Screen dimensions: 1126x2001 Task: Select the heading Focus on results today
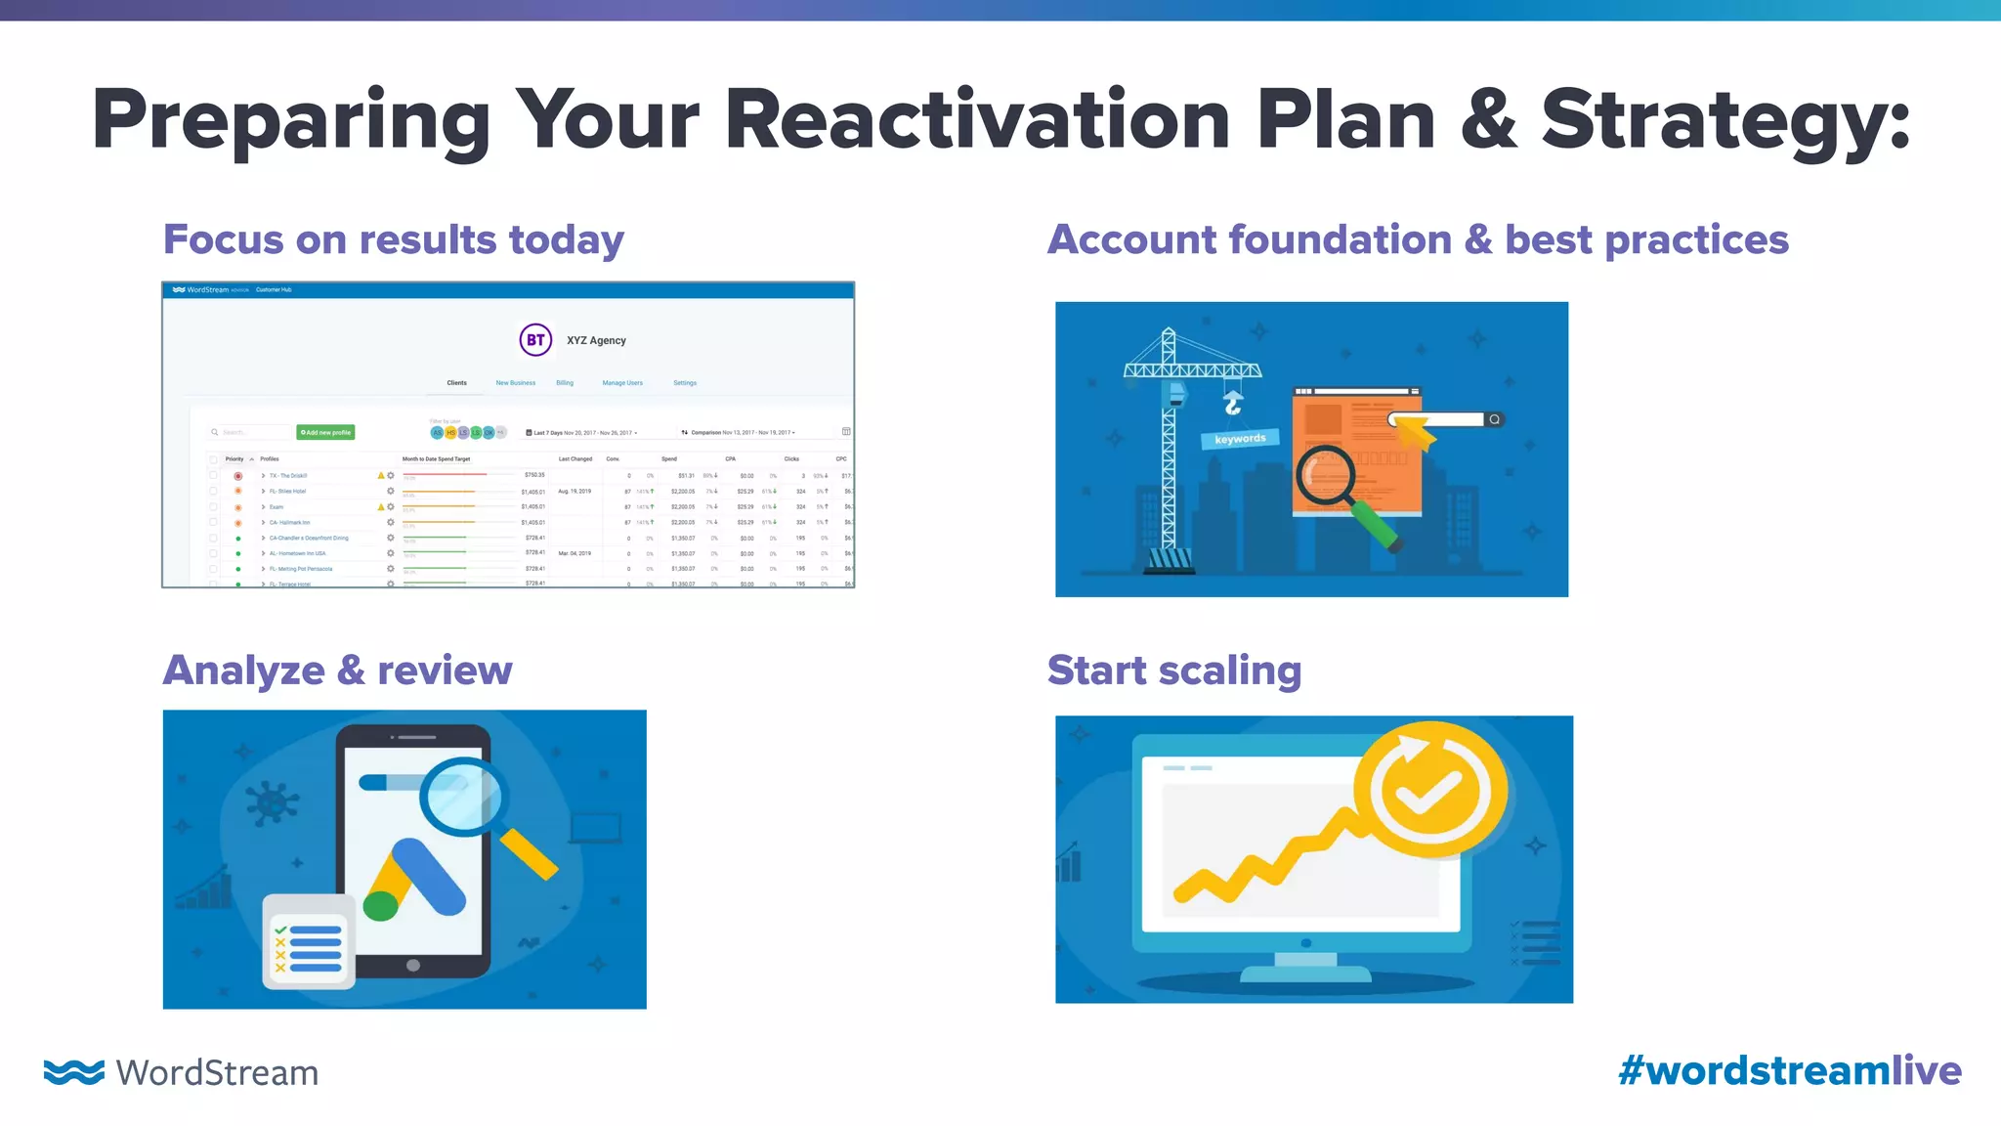393,239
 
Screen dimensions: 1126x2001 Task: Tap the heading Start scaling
1173,671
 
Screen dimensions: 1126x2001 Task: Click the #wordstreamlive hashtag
1789,1070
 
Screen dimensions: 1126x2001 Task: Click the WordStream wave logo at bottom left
73,1071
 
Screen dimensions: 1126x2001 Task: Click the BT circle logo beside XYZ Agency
535,340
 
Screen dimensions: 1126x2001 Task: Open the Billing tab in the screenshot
565,383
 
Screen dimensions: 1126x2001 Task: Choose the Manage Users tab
622,383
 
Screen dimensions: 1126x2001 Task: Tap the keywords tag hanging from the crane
1240,439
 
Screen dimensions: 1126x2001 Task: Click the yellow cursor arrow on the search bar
1415,430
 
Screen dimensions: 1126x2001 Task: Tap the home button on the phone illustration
413,965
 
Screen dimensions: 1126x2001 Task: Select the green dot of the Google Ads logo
380,906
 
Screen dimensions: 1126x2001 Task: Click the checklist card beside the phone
308,941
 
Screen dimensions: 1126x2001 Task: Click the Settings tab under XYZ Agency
685,383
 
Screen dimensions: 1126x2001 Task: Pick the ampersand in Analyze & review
351,671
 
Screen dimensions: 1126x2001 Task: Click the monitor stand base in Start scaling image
1305,974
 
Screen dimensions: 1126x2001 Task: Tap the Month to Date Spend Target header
436,458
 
